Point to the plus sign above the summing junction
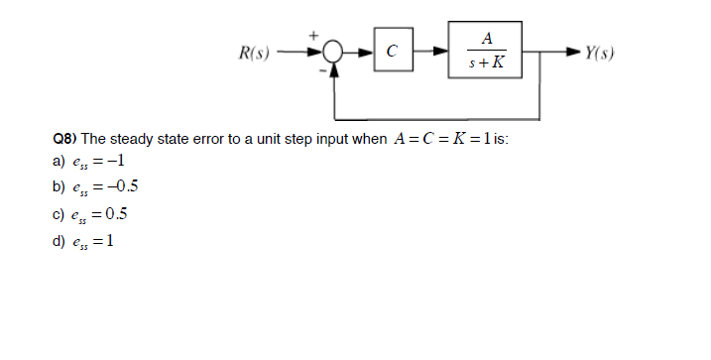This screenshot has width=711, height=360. coord(316,36)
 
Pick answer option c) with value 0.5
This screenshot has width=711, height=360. coord(99,214)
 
